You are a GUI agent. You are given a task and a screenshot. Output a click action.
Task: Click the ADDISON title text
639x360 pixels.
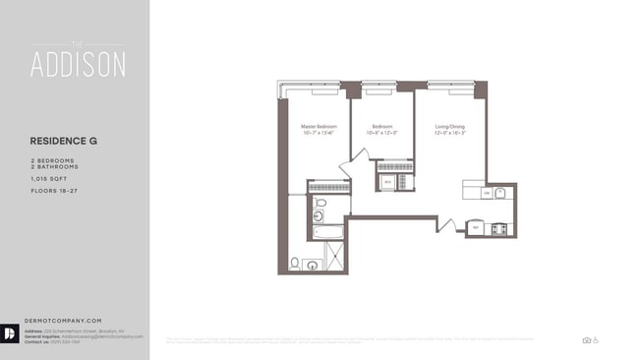coord(78,65)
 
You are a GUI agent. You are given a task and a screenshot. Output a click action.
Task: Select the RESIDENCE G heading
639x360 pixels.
coord(64,141)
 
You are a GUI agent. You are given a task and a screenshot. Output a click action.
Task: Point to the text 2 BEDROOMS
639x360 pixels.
coord(54,158)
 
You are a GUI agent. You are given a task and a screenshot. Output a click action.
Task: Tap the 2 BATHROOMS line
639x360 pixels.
coord(56,166)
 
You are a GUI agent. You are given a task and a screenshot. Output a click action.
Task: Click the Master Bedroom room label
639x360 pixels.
coord(319,126)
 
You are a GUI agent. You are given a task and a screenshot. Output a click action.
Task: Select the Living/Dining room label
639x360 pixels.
coord(449,126)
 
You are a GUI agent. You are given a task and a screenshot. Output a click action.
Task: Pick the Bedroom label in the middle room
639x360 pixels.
coord(382,126)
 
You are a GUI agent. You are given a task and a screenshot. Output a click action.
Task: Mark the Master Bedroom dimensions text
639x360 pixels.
coord(319,133)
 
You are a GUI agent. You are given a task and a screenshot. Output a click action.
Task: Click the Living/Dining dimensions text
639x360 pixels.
coord(449,133)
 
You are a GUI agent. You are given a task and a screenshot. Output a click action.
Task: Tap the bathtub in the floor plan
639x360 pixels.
coord(328,232)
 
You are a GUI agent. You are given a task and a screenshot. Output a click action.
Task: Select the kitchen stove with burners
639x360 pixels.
coord(498,228)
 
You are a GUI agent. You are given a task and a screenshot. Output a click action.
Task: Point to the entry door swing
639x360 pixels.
coord(446,225)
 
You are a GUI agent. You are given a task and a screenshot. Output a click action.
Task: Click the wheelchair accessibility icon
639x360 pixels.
coord(596,340)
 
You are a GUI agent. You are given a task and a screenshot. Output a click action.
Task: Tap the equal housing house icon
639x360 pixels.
coord(586,340)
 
